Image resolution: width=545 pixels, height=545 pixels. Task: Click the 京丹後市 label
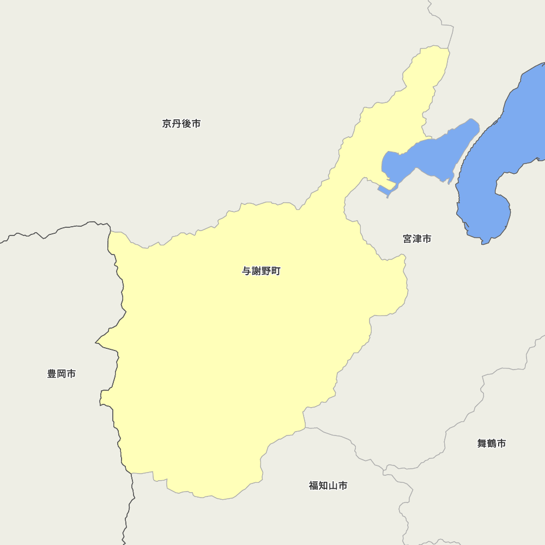[x=181, y=124]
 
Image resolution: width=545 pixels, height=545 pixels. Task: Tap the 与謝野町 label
[x=261, y=271]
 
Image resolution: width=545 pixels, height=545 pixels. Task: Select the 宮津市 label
[x=417, y=239]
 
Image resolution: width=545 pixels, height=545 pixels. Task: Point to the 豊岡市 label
[x=62, y=374]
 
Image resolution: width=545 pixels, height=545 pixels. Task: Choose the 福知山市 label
[x=328, y=486]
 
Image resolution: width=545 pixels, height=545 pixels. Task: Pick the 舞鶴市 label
[x=492, y=444]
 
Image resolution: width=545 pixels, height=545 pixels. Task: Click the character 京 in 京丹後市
[x=167, y=124]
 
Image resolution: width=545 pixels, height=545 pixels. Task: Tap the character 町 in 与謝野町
[x=276, y=271]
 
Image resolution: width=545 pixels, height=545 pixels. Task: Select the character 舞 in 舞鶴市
[x=482, y=444]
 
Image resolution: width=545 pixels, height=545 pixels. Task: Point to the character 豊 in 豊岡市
[x=52, y=374]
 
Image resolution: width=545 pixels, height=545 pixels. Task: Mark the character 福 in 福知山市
[x=313, y=486]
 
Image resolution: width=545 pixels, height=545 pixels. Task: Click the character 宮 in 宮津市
[x=408, y=239]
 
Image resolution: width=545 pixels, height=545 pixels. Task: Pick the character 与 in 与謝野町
[x=247, y=271]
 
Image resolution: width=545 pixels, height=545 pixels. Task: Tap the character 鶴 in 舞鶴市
[x=492, y=444]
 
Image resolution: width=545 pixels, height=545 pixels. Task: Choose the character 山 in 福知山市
[x=332, y=486]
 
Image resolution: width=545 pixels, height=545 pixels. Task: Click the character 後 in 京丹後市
[x=186, y=124]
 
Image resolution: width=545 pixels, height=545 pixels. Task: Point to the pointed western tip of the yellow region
[x=96, y=343]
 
